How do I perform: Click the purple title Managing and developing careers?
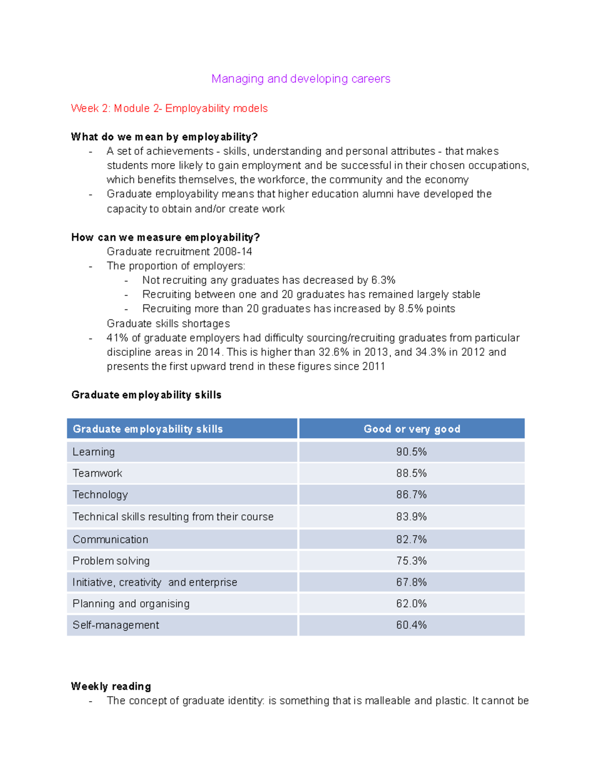tap(300, 79)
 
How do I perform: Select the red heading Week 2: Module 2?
tap(169, 109)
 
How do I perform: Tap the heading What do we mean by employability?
tap(164, 137)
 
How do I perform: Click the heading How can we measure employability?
tap(165, 237)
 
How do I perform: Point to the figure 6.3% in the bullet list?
tap(383, 280)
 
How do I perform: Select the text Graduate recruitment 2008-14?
tap(179, 251)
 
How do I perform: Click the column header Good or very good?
tap(412, 429)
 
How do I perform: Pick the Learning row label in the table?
tap(93, 452)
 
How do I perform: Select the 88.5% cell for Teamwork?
tap(411, 473)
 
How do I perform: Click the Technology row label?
tap(100, 495)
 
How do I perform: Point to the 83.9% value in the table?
tap(411, 517)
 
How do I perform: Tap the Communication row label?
tap(110, 539)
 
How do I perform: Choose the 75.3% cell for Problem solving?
tap(411, 561)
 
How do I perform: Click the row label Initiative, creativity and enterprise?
tap(155, 583)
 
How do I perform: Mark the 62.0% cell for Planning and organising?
tap(411, 604)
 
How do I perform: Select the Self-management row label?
tap(116, 625)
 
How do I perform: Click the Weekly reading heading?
tap(111, 686)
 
